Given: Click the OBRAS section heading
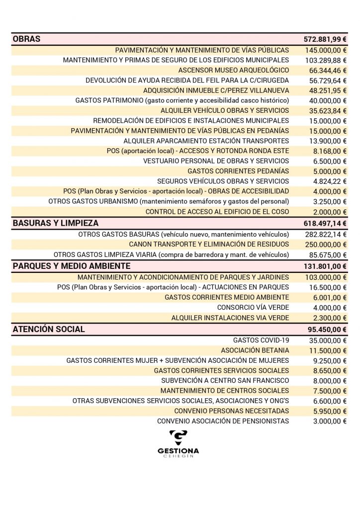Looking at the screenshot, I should click(27, 39).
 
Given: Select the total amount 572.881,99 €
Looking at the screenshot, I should click(325, 40).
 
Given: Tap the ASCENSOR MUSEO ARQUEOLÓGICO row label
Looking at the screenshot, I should click(233, 70).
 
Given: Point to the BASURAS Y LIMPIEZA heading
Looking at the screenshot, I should click(56, 223).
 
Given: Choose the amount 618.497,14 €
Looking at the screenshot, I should click(325, 224).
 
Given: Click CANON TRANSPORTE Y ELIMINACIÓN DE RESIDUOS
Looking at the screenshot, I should click(208, 244).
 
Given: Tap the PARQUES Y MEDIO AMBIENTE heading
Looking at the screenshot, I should click(72, 266).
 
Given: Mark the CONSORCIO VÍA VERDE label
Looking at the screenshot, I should click(253, 307).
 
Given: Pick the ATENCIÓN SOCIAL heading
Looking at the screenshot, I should click(49, 329).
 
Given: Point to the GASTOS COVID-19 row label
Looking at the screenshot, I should click(260, 340).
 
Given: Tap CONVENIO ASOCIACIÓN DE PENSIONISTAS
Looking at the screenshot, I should click(223, 421).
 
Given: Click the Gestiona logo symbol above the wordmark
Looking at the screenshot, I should click(178, 438).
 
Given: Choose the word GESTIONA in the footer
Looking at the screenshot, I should click(178, 451).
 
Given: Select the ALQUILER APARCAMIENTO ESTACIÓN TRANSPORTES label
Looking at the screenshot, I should click(206, 141).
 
